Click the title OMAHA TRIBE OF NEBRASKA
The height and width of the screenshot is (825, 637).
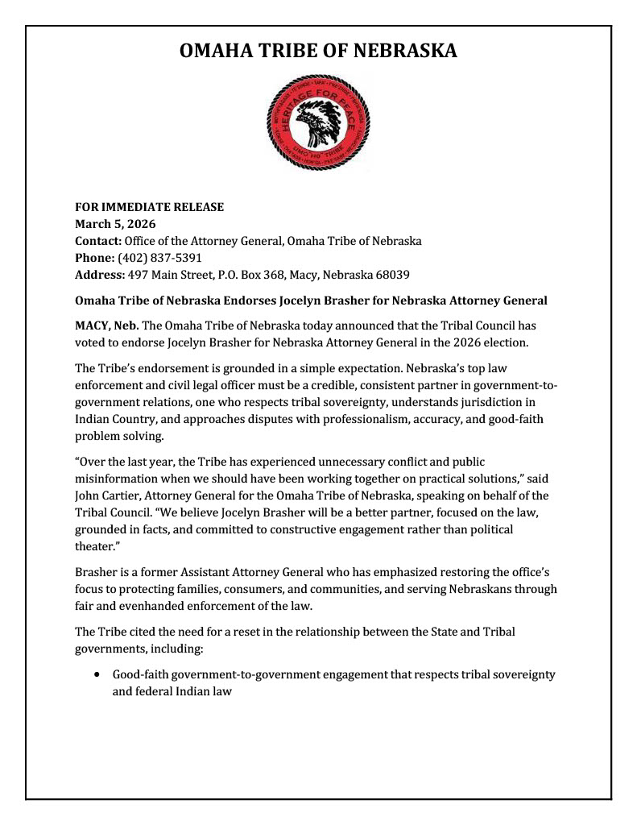(318, 52)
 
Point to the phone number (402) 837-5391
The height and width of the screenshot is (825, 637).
(159, 258)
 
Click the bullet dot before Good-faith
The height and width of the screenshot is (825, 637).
(97, 674)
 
